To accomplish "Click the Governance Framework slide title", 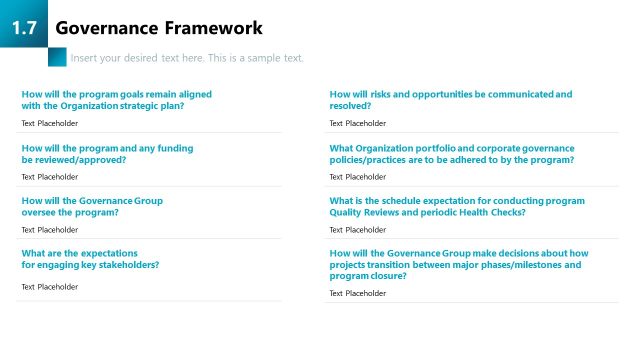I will tap(159, 28).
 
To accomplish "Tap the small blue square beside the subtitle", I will tap(57, 57).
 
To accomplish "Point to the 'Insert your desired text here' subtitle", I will tap(187, 58).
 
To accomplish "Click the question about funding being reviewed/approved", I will tap(107, 153).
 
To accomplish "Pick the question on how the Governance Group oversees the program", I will tap(92, 206).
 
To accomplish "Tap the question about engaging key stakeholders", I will tap(90, 259).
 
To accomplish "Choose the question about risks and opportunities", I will tap(450, 99).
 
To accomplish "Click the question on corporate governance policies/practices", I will tap(451, 153).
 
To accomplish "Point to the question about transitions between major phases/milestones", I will tap(458, 264).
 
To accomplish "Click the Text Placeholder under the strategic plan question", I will tap(49, 123).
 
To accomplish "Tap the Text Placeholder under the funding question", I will tap(49, 176).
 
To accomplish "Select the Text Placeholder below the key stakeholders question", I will tap(49, 286).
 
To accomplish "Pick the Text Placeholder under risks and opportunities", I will tap(357, 123).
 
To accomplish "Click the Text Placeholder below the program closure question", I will tap(357, 293).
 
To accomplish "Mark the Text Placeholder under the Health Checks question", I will tap(357, 229).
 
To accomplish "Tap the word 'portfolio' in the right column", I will tap(445, 147).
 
